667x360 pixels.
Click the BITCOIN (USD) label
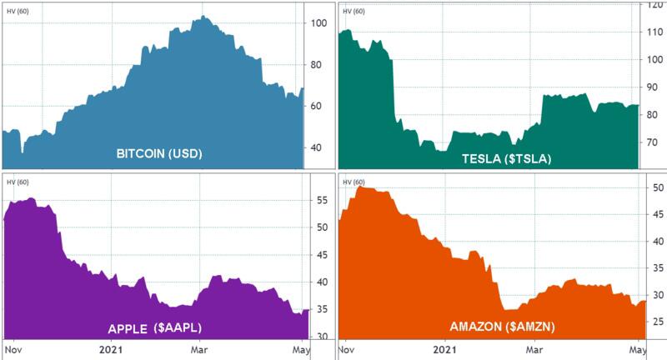pyautogui.click(x=159, y=154)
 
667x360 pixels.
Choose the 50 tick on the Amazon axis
pyautogui.click(x=657, y=188)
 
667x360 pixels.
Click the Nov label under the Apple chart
pyautogui.click(x=14, y=349)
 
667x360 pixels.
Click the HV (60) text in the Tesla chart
pyautogui.click(x=353, y=12)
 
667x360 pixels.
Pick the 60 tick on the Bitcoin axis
pyautogui.click(x=317, y=107)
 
